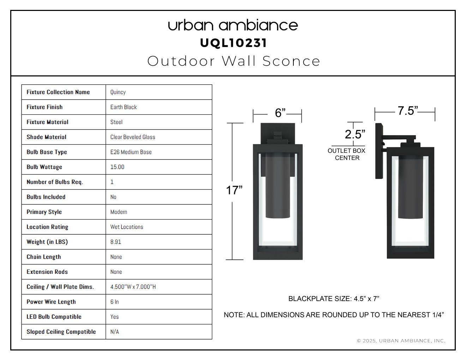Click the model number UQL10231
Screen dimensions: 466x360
pos(233,43)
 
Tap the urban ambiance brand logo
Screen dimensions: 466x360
pos(233,25)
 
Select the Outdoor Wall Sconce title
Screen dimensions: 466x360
pos(234,61)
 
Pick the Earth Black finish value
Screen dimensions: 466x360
pos(124,107)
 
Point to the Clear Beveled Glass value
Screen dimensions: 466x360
pos(133,137)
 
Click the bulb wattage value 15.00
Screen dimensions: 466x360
pos(117,167)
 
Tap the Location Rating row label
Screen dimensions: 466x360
pos(47,227)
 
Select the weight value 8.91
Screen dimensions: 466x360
pos(115,242)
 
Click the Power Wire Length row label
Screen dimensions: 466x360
pos(51,302)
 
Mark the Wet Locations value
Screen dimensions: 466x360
pos(126,227)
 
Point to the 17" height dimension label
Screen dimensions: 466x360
pos(234,190)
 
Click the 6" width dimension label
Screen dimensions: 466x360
pos(280,113)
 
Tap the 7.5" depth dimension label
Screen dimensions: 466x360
pos(408,111)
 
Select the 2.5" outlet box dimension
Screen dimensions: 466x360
pos(355,134)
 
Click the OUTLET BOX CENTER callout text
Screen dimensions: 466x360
pos(347,154)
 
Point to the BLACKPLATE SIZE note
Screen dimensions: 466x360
pos(334,299)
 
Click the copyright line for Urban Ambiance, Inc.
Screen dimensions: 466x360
pos(401,341)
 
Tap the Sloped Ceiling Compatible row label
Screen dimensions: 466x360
pos(61,332)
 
